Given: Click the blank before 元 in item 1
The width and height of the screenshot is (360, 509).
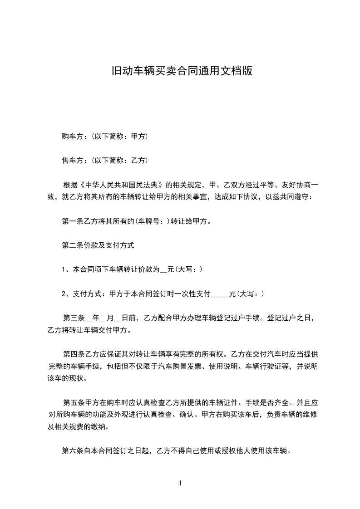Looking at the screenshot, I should click(163, 269).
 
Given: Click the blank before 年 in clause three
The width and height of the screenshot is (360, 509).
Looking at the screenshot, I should click(89, 318).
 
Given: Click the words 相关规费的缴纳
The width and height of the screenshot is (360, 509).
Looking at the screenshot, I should click(82, 427).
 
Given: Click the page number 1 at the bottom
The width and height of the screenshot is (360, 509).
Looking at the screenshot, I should click(180, 483).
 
